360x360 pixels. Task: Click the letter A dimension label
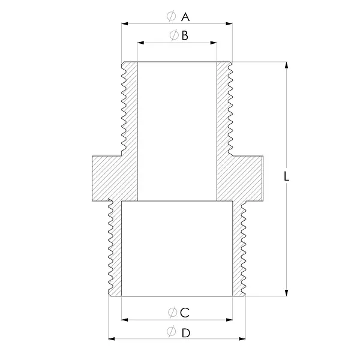coord(185,17)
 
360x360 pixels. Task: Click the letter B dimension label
coord(185,36)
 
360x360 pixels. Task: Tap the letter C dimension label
coord(185,313)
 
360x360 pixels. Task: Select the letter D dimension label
coord(186,333)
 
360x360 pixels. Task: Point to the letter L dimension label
coord(286,176)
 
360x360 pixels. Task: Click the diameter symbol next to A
coord(171,16)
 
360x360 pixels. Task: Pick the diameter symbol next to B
coord(174,35)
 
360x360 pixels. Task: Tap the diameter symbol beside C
coord(172,312)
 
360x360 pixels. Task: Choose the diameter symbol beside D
coord(171,331)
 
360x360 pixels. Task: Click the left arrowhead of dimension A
coord(125,23)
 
